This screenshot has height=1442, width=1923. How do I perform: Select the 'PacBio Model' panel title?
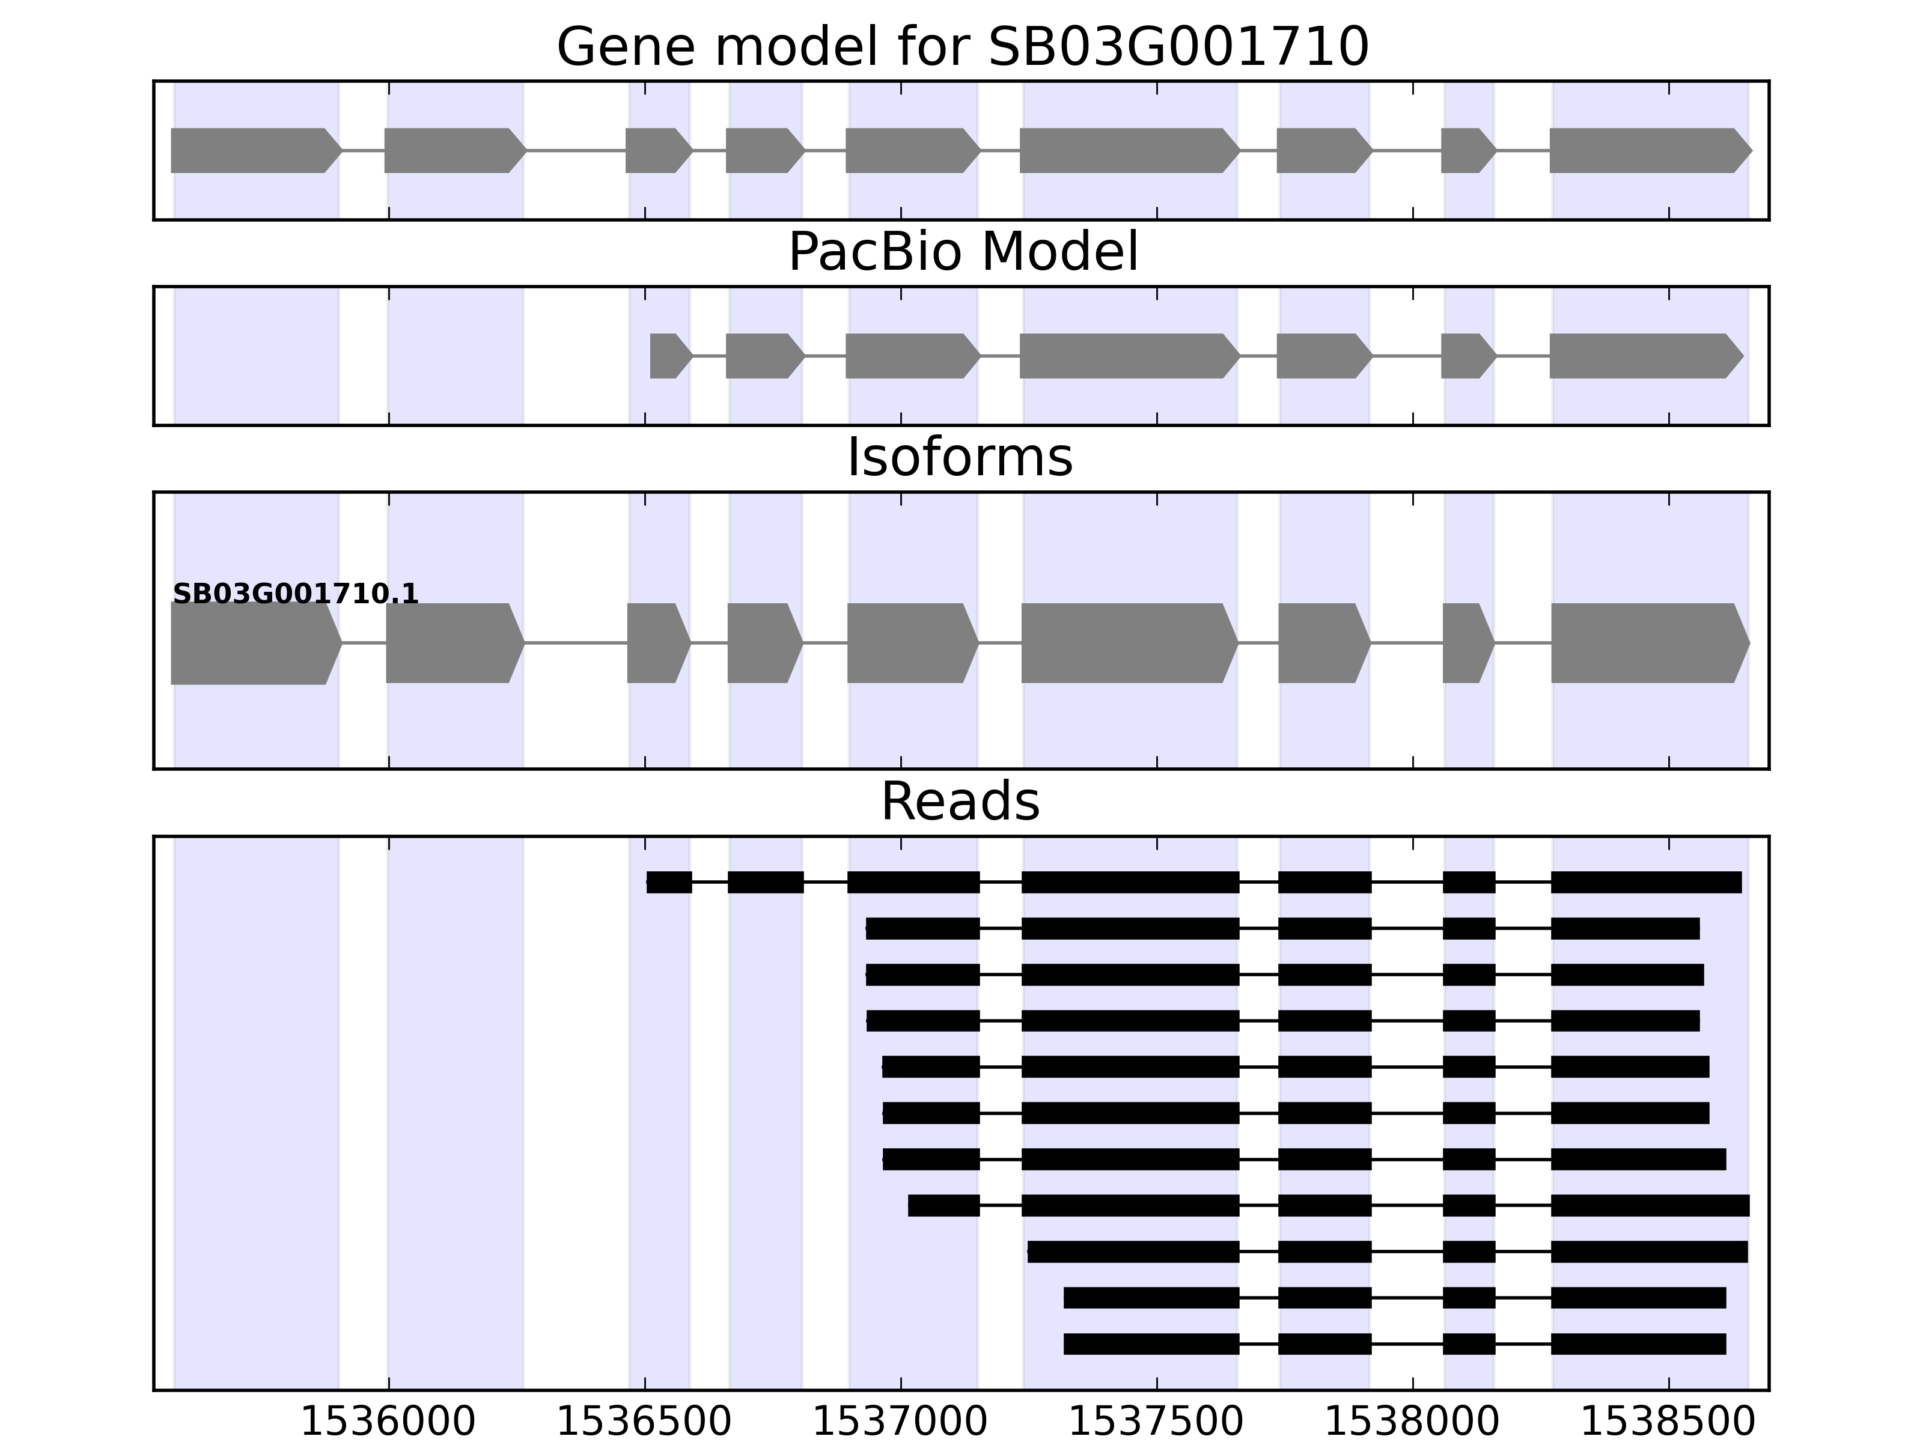(x=962, y=252)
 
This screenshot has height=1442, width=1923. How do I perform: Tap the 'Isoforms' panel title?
(x=960, y=458)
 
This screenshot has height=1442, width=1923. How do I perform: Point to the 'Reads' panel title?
(x=960, y=802)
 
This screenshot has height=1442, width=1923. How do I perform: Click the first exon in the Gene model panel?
(x=252, y=150)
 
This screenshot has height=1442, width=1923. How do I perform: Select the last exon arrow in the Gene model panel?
(x=1647, y=150)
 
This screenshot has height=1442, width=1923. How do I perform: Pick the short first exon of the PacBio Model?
(x=668, y=356)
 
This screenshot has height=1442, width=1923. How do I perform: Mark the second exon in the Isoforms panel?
(x=452, y=643)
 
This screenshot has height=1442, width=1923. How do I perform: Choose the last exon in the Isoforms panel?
(x=1647, y=643)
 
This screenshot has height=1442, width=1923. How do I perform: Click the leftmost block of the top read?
(x=669, y=882)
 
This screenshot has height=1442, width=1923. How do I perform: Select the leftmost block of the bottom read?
(x=1151, y=1344)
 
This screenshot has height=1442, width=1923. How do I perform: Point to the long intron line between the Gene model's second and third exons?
(x=576, y=150)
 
